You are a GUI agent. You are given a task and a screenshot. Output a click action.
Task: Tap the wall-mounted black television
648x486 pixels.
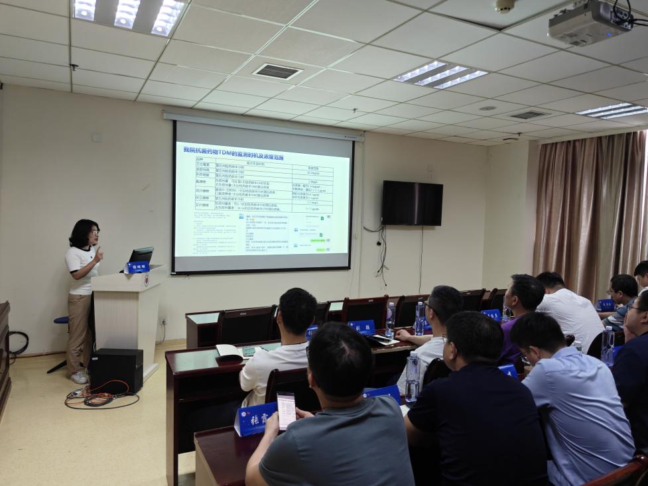tap(412, 203)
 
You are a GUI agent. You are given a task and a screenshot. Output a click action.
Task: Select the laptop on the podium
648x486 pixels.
tap(141, 256)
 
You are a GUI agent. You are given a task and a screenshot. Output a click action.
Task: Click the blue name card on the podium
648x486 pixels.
tap(137, 267)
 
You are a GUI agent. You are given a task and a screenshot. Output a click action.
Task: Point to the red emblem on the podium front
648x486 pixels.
tap(146, 280)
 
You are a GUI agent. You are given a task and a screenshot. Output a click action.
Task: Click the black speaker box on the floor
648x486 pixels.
tap(116, 369)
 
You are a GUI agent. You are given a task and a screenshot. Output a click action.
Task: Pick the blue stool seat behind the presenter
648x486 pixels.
tap(62, 320)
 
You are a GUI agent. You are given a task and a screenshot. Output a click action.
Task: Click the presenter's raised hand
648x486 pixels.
tap(99, 255)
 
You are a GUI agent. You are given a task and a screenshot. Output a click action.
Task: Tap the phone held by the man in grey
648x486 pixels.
tap(286, 410)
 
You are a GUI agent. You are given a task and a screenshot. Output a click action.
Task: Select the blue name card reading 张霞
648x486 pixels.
tap(255, 419)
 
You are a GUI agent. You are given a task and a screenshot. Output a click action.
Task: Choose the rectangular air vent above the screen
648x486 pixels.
tap(277, 71)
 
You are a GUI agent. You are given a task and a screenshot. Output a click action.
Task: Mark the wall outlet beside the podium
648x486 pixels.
tap(162, 321)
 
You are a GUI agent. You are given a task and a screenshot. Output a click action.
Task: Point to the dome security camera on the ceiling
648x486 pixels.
tap(505, 6)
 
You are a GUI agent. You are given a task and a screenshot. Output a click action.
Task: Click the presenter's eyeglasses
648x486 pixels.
tap(94, 233)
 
